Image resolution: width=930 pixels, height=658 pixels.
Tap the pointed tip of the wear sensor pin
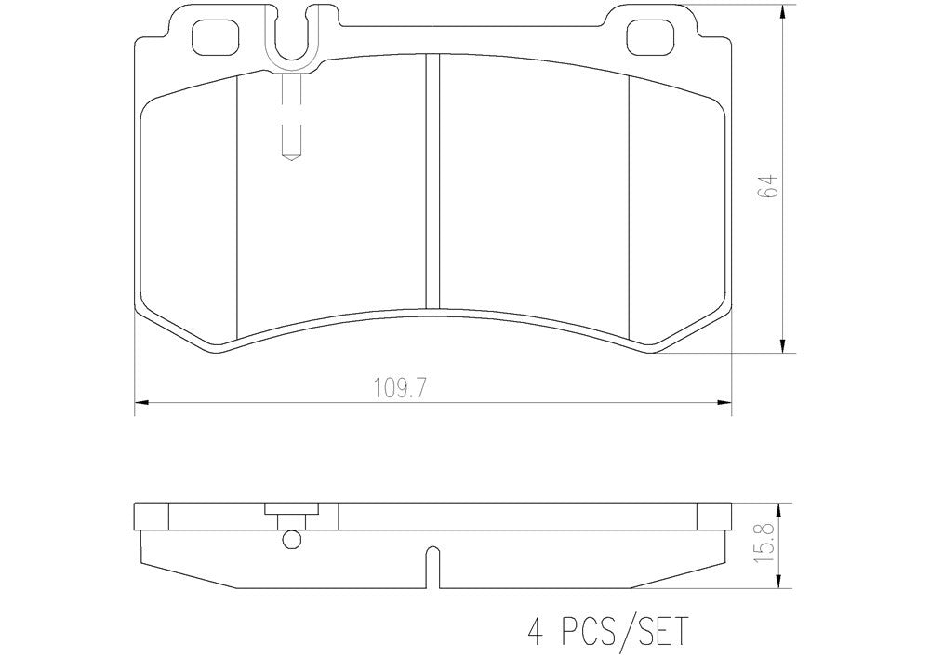click(x=290, y=157)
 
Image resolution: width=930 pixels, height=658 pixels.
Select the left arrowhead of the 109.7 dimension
click(x=142, y=403)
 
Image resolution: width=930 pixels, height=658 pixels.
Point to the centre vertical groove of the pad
click(x=431, y=181)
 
